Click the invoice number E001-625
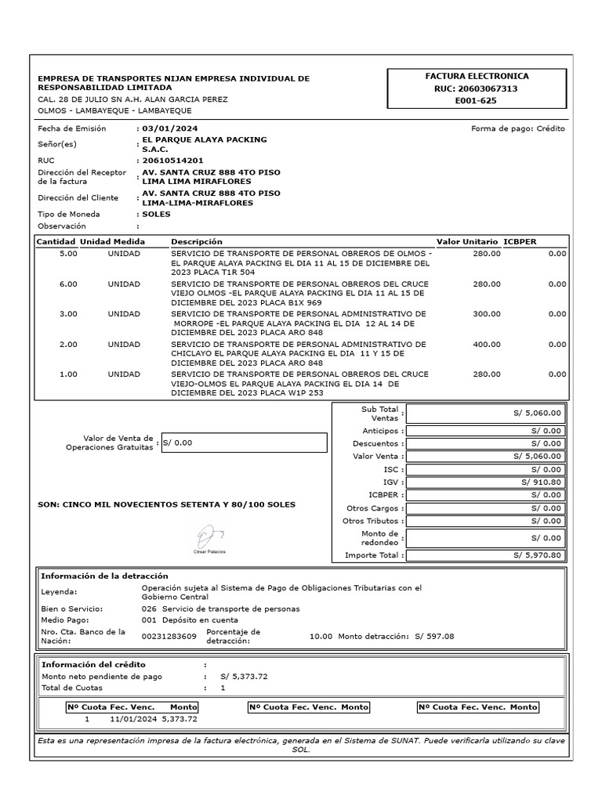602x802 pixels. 477,101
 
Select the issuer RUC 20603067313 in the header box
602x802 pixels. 477,89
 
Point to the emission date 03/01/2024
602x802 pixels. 170,128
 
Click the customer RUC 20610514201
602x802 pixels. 167,160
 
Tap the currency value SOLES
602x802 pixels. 156,214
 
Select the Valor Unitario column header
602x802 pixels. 466,242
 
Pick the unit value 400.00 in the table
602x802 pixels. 486,344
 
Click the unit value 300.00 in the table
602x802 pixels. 486,314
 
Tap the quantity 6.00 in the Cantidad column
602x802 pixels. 68,284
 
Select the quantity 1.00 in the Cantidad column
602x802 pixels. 68,374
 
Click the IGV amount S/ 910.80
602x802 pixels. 541,482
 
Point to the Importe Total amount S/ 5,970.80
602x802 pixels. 538,555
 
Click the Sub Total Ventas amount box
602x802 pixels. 484,414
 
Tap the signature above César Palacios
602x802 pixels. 209,535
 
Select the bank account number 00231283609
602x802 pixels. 169,637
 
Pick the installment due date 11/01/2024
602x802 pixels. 133,718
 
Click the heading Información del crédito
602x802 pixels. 93,664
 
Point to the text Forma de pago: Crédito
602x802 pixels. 517,128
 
